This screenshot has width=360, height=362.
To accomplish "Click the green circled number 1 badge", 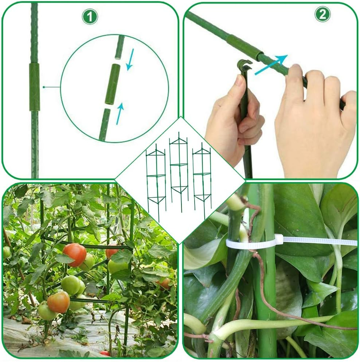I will (90, 17).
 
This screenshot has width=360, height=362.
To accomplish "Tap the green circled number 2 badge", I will (322, 14).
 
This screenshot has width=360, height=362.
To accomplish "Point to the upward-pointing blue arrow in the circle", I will (120, 113).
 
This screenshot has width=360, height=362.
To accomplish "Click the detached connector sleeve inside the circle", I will (113, 84).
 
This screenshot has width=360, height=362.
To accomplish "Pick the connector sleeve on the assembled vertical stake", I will (34, 87).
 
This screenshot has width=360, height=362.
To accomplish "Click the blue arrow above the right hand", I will (271, 64).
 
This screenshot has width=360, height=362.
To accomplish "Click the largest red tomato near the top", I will (75, 254).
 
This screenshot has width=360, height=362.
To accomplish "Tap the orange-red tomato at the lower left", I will (58, 302).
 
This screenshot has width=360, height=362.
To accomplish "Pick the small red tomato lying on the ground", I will (105, 353).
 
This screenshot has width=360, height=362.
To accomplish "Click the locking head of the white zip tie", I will (279, 239).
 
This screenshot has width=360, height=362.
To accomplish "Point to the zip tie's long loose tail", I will (321, 241).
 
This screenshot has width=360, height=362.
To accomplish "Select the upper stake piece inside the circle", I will (120, 47).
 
